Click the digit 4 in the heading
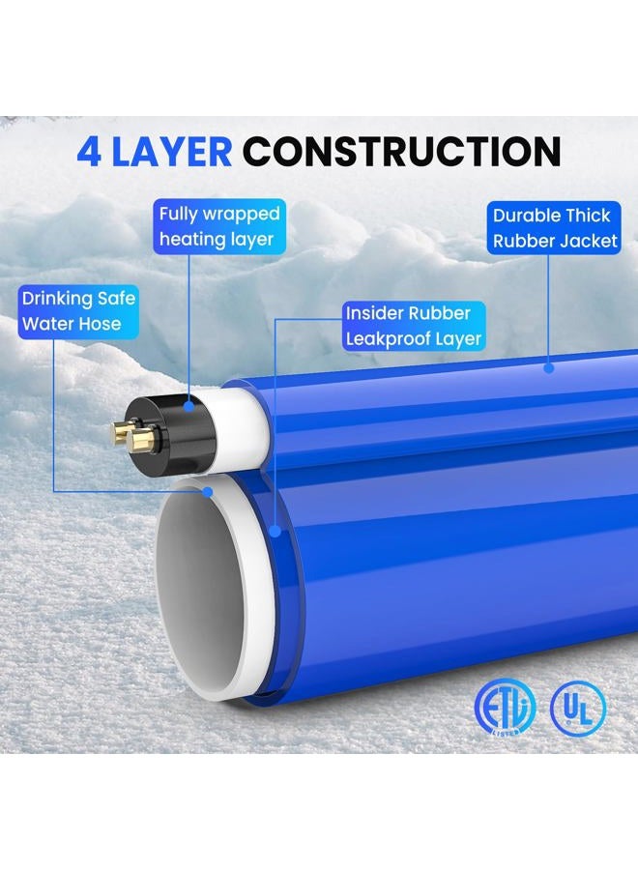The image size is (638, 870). tap(89, 152)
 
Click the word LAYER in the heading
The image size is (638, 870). tap(171, 152)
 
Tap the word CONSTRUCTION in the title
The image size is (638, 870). tap(402, 152)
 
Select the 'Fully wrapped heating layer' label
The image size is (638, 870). tap(219, 226)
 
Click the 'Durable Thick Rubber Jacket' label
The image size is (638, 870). tap(554, 228)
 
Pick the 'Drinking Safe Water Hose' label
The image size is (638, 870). tap(78, 311)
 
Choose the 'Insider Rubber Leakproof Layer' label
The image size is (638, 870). tap(414, 326)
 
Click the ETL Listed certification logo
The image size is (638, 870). tap(505, 708)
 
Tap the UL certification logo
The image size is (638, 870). tap(578, 709)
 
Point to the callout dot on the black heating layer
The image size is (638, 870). tap(189, 406)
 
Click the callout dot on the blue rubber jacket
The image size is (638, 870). tap(549, 367)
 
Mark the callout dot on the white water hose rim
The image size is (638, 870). tap(208, 492)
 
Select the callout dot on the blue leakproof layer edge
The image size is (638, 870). tap(275, 531)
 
